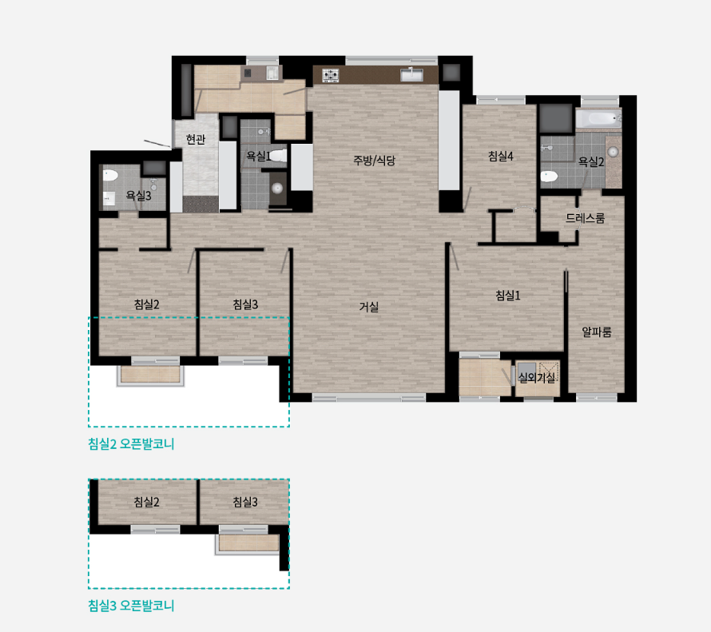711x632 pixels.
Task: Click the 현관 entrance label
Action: pos(196,139)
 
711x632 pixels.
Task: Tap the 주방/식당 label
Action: pos(374,160)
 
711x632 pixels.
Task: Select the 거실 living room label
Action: pos(368,307)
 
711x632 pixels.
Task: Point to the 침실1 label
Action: pos(508,296)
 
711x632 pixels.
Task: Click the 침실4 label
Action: pos(501,156)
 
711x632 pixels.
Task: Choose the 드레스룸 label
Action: pos(585,218)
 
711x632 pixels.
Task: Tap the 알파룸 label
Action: pos(597,332)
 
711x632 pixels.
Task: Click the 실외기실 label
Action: pos(537,377)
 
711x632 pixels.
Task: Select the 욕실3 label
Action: pos(138,196)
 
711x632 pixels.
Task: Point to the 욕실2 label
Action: pos(591,161)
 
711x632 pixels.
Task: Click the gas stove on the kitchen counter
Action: pos(331,75)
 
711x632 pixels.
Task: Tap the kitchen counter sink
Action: pos(411,75)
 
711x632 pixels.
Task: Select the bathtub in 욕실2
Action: pos(598,119)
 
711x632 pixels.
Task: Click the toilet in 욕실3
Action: pos(110,176)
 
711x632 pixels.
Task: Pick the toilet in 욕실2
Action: pos(549,177)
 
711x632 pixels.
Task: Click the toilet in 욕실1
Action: pos(278,156)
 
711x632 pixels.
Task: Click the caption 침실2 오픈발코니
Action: pos(131,444)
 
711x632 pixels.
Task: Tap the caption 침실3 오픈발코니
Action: pos(131,606)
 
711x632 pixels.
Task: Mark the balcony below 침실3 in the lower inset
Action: pos(248,543)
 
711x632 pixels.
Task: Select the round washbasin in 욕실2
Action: pos(613,152)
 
